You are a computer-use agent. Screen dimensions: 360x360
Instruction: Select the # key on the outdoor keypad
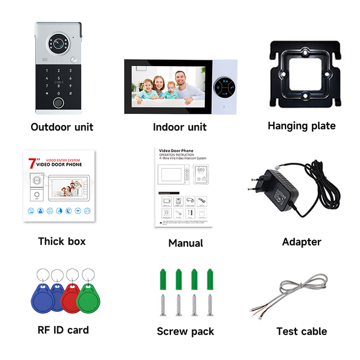point(71,94)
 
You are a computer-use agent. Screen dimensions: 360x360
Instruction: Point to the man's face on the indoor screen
point(180,80)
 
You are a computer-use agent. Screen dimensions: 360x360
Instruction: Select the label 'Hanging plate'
point(301,126)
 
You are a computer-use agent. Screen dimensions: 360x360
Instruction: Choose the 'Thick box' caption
point(62,241)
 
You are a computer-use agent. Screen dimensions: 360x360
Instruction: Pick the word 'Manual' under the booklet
point(185,243)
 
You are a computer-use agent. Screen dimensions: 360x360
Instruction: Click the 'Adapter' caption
point(301,242)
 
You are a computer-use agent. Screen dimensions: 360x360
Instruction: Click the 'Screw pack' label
point(185,332)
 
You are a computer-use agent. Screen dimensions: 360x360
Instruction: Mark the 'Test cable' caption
point(301,332)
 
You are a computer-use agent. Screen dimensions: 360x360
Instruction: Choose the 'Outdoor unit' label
point(62,127)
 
